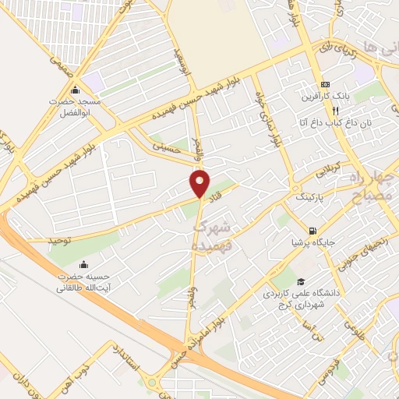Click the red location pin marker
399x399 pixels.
[200, 184]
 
